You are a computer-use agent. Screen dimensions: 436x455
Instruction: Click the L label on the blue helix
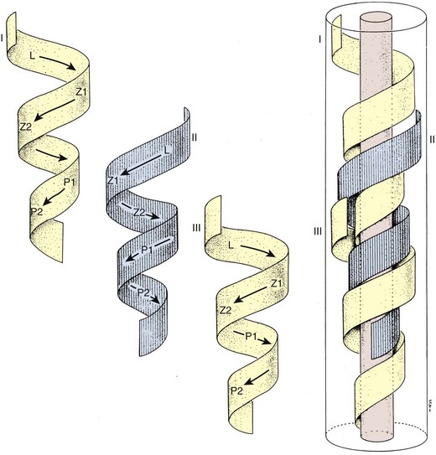[167, 150]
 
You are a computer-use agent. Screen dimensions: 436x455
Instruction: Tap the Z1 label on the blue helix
[113, 180]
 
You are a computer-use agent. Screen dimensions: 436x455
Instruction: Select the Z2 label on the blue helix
[139, 212]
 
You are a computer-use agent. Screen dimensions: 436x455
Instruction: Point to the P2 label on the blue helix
[143, 292]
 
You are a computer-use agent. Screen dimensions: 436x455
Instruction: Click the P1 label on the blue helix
[147, 249]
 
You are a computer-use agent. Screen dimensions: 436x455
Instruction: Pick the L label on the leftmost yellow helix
[32, 55]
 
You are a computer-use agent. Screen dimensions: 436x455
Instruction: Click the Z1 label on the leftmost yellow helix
[81, 92]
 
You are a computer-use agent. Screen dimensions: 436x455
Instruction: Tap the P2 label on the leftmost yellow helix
[37, 211]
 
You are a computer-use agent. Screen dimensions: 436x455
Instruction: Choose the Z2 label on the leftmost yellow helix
[26, 127]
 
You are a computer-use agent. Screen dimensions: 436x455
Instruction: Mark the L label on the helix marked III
[231, 246]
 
